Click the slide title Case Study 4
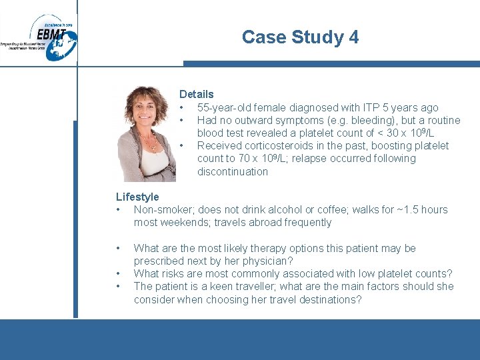[300, 37]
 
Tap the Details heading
[196, 94]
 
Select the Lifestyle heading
[137, 197]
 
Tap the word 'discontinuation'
[232, 172]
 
